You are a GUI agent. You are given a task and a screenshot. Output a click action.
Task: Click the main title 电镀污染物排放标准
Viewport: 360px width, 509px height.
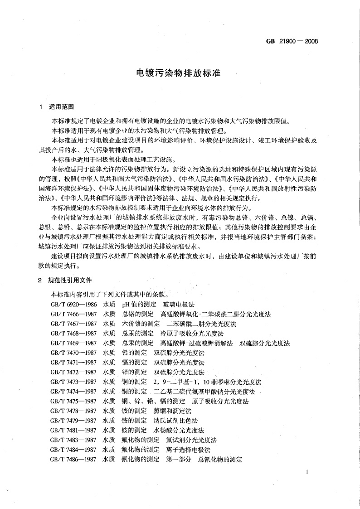(179, 73)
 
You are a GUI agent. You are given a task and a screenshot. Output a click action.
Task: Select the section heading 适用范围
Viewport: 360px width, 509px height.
(61, 107)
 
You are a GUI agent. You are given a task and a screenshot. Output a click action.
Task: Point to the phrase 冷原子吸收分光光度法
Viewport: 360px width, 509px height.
(185, 333)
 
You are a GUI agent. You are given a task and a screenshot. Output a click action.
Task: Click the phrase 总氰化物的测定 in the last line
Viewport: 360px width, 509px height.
(219, 459)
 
